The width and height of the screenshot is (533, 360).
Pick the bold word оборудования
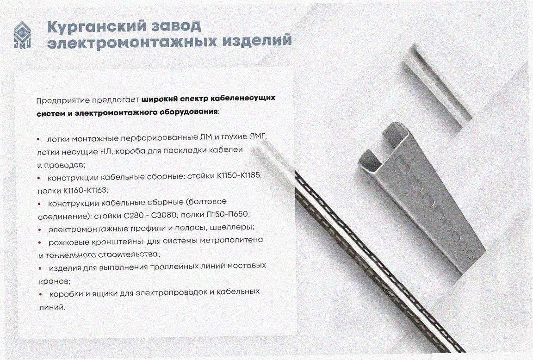coord(188,112)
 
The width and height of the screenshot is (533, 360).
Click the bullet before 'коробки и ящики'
coord(41,294)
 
